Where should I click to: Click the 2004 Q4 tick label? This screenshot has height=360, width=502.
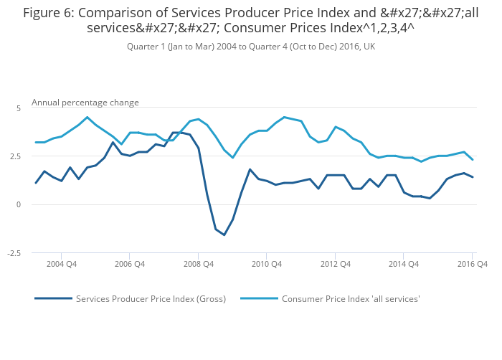pos(61,264)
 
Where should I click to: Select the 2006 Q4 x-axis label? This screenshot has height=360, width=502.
pos(129,264)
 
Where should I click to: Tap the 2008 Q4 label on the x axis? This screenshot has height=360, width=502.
pos(199,264)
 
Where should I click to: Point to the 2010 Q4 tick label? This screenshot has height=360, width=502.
pos(266,264)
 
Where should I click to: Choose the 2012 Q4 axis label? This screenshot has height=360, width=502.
pos(335,264)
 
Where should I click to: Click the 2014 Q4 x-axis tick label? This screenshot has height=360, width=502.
pos(404,264)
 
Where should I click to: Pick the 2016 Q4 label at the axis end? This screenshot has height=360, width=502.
pos(472,264)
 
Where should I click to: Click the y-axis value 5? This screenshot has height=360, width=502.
pos(19,108)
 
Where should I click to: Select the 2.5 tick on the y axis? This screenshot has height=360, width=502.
pos(16,156)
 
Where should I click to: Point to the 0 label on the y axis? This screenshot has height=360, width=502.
pos(19,205)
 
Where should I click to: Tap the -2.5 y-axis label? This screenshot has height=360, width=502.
pos(14,253)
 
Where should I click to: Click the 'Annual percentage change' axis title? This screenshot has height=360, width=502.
pos(85,103)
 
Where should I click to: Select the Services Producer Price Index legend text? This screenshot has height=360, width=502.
pos(151,299)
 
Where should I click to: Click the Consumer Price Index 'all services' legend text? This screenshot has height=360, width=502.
pos(351,299)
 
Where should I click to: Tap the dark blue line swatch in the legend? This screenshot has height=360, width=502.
pos(54,299)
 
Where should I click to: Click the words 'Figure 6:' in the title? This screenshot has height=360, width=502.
pos(49,12)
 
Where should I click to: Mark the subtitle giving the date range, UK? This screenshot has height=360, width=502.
pos(251,47)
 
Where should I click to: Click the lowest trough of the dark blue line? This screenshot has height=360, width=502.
pos(224,235)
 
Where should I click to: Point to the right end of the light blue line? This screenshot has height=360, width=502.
pos(472,159)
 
